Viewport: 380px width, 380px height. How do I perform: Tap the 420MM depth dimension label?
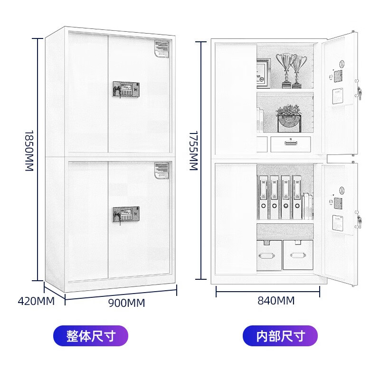(x=36, y=301)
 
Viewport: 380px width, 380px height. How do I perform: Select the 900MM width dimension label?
(x=126, y=303)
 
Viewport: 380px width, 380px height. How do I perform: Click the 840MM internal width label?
(x=276, y=301)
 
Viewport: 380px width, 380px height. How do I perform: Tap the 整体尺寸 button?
(x=91, y=336)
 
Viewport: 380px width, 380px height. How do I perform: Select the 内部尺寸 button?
(x=280, y=336)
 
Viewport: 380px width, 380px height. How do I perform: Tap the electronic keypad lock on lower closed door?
(x=126, y=214)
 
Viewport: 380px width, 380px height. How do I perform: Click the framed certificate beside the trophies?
(x=263, y=73)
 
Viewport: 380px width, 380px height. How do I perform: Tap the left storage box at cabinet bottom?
(x=269, y=255)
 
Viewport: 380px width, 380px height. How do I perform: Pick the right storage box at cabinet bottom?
(x=298, y=255)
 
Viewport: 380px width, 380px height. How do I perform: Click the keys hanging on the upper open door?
(x=359, y=94)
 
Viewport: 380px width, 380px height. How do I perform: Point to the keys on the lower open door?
(x=359, y=221)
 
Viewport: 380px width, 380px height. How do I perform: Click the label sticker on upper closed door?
(x=162, y=50)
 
